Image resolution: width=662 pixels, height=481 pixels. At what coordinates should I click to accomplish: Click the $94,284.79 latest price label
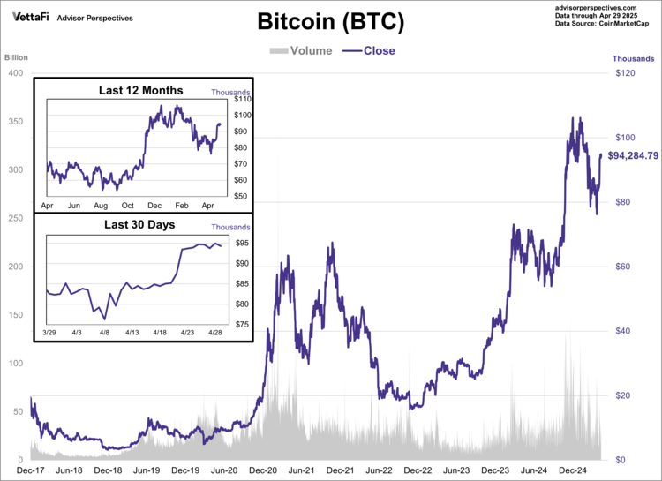[x=633, y=155]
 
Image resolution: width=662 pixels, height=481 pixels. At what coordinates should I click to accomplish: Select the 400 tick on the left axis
[x=14, y=73]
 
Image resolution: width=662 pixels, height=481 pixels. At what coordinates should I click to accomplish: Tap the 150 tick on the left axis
[x=14, y=315]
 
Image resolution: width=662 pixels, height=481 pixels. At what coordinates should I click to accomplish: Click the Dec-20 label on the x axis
[x=262, y=471]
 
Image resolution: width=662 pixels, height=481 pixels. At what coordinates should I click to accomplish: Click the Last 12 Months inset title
[x=140, y=90]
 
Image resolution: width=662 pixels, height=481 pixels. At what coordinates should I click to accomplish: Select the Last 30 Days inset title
[x=139, y=224]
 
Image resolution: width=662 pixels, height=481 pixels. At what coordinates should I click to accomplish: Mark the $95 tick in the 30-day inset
[x=241, y=243]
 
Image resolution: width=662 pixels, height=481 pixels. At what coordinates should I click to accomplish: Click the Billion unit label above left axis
[x=16, y=58]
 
